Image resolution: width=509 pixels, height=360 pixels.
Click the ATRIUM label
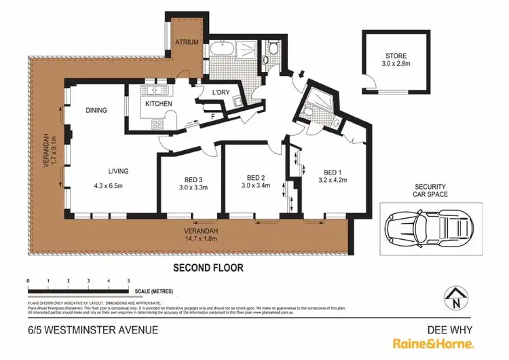187,42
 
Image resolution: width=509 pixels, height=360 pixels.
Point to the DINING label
97,109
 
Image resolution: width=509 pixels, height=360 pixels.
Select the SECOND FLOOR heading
208,268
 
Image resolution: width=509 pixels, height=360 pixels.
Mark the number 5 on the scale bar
128,280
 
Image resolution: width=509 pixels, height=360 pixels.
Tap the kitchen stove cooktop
157,124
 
